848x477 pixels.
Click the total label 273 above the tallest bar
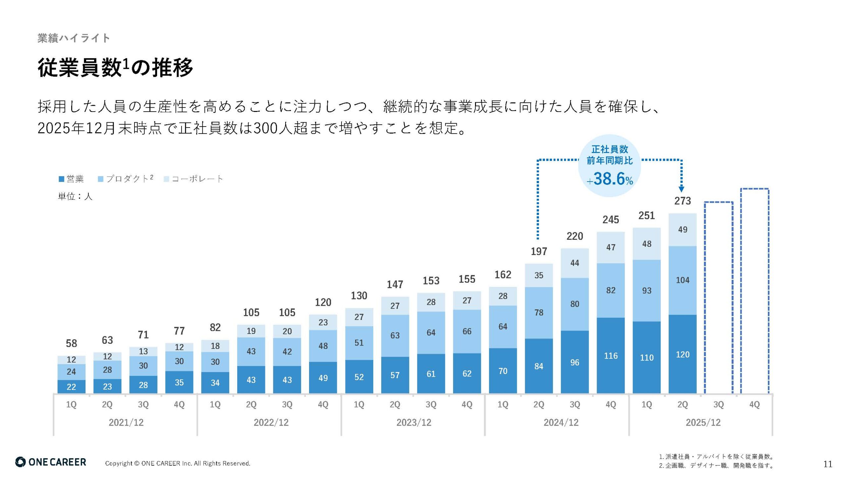pyautogui.click(x=682, y=201)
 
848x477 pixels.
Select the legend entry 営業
pyautogui.click(x=72, y=179)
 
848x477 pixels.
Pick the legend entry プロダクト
pyautogui.click(x=126, y=179)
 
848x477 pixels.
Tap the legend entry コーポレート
pyautogui.click(x=194, y=179)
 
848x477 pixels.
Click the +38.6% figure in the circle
pyautogui.click(x=610, y=179)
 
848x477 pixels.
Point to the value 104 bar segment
pyautogui.click(x=682, y=280)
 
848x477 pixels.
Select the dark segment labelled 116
pyautogui.click(x=610, y=356)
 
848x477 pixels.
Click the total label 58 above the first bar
pyautogui.click(x=71, y=344)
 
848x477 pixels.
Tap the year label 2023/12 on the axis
pyautogui.click(x=414, y=423)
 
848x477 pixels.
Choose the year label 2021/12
pyautogui.click(x=126, y=423)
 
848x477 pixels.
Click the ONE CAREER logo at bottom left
pyautogui.click(x=51, y=462)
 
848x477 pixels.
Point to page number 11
pyautogui.click(x=827, y=464)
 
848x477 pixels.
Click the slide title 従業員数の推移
pyautogui.click(x=115, y=68)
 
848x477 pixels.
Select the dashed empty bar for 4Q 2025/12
pyautogui.click(x=755, y=291)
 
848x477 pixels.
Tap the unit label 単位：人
pyautogui.click(x=75, y=197)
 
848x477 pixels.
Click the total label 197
pyautogui.click(x=539, y=252)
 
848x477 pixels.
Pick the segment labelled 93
pyautogui.click(x=647, y=291)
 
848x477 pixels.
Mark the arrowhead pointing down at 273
pyautogui.click(x=681, y=189)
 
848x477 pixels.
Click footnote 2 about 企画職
pyautogui.click(x=715, y=466)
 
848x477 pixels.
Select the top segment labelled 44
pyautogui.click(x=575, y=263)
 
